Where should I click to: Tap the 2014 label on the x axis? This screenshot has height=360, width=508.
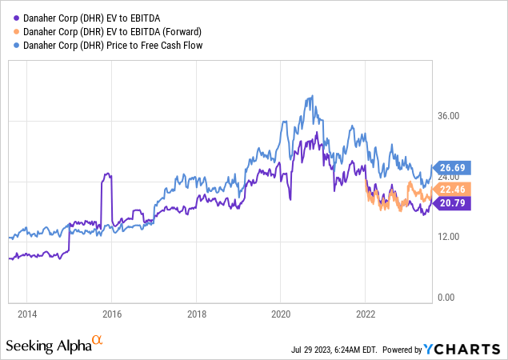tap(27, 313)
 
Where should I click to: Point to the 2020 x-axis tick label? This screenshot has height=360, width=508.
tap(281, 313)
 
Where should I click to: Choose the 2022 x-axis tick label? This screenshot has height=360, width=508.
tap(365, 313)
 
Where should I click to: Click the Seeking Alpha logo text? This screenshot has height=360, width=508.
tap(47, 346)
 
